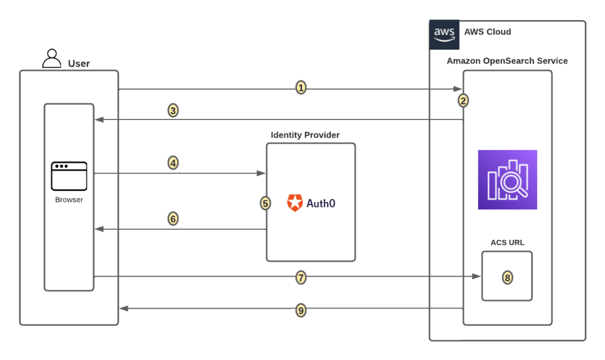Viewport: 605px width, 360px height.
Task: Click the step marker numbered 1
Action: [x=301, y=88]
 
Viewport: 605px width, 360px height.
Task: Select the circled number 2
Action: [x=463, y=100]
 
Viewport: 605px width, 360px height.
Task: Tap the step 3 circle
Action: [x=173, y=110]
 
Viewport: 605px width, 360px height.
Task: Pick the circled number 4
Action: [x=173, y=163]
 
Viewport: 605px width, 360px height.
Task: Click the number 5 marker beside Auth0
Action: [x=265, y=203]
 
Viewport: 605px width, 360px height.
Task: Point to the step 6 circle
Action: [x=173, y=219]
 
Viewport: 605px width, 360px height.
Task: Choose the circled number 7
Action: [x=301, y=277]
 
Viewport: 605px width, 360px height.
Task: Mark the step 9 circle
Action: [x=301, y=309]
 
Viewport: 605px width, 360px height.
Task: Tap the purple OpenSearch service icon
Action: [x=507, y=180]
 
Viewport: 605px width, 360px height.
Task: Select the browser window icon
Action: [x=69, y=176]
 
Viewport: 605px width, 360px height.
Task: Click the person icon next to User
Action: [x=52, y=59]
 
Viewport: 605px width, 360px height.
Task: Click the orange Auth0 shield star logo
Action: [x=295, y=203]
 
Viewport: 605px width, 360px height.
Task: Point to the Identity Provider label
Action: [x=305, y=135]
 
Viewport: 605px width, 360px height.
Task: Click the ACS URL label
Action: [x=507, y=242]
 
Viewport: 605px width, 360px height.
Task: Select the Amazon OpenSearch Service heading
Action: [x=507, y=61]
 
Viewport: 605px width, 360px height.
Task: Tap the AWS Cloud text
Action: [x=487, y=32]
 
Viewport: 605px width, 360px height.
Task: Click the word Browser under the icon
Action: [x=69, y=200]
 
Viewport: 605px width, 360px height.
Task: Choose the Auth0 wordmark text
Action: [x=321, y=203]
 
